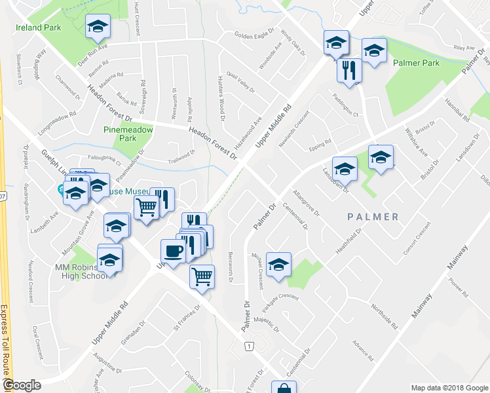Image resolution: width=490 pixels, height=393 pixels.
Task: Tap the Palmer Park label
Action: pos(416,64)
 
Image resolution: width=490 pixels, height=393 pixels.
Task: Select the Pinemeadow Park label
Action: pos(128,134)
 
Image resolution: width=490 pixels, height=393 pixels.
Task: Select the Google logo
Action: pos(22,385)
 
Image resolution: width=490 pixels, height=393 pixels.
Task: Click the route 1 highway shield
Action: pos(249,345)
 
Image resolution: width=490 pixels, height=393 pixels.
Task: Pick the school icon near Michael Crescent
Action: pos(279,265)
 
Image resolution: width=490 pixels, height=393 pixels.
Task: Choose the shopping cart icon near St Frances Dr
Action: pos(202,276)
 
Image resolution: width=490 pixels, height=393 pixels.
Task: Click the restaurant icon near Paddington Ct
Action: pos(349,69)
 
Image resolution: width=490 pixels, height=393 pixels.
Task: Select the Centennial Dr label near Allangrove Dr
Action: pos(295,217)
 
